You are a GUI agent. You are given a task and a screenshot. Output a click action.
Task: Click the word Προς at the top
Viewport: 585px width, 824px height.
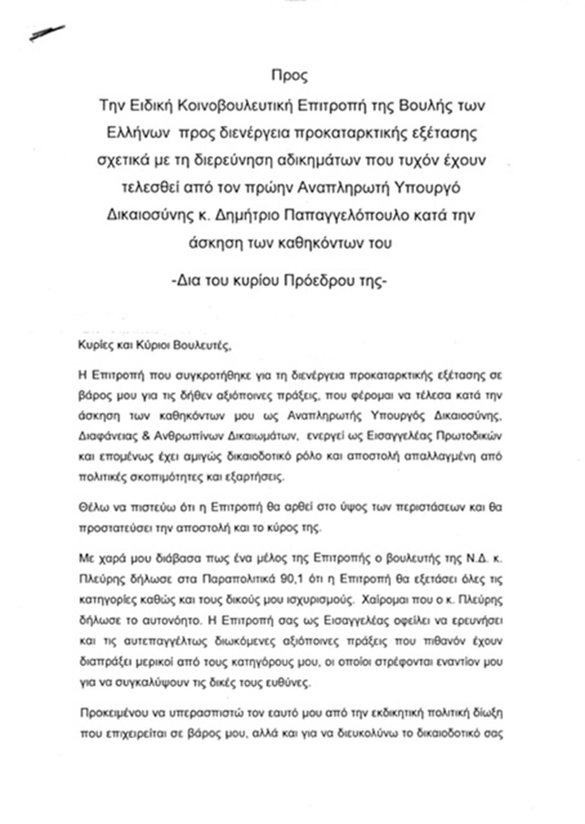[289, 75]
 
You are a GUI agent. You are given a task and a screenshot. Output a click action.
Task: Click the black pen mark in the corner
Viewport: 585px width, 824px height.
[47, 33]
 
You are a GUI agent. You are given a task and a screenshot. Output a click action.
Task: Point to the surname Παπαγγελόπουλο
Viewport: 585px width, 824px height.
[346, 216]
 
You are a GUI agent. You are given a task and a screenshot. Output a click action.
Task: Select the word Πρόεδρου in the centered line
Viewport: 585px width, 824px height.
[316, 281]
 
